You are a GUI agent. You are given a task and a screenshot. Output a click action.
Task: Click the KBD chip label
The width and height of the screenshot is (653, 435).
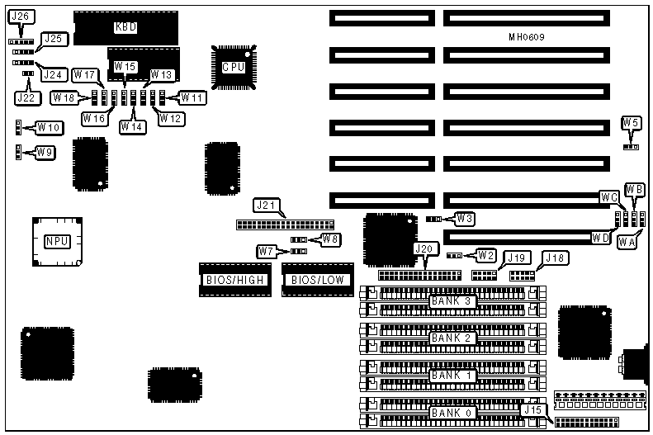click(125, 26)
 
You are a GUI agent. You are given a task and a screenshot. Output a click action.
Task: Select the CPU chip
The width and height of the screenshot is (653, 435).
click(234, 67)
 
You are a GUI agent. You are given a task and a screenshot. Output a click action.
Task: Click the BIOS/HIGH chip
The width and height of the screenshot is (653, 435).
click(234, 280)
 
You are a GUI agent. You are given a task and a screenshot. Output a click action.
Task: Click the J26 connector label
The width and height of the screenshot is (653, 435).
click(21, 16)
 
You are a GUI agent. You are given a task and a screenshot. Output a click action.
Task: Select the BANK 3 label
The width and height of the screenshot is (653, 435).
click(452, 300)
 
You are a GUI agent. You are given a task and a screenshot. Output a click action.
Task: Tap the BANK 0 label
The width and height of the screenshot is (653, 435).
click(452, 412)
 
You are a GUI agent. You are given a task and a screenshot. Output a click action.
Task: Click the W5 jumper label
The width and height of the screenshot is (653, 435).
click(631, 124)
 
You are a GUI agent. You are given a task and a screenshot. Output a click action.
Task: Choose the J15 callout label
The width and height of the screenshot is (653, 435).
click(532, 408)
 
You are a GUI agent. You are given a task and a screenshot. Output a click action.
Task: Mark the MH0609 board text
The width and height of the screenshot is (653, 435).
click(527, 38)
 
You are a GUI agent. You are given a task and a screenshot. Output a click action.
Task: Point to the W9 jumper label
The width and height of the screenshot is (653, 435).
click(45, 153)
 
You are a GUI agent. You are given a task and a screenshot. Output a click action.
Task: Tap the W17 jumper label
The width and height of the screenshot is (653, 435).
click(84, 74)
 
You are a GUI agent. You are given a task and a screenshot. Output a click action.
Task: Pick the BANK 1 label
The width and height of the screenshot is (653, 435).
click(452, 375)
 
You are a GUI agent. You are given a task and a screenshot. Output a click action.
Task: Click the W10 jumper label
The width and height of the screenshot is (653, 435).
click(48, 128)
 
